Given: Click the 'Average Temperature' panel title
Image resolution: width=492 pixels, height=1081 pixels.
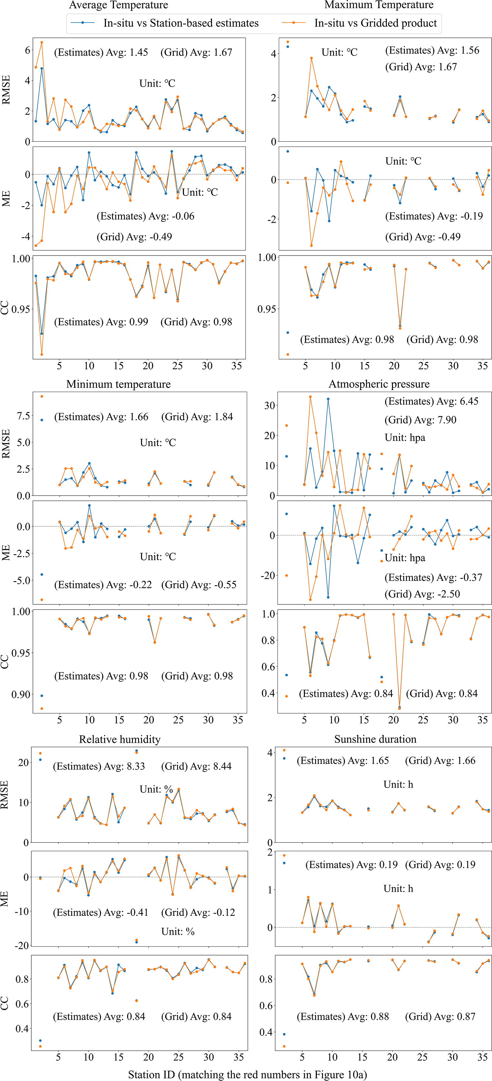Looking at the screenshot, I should coord(118,5).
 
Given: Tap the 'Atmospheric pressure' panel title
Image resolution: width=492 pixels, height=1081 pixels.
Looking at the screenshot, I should coord(379,384).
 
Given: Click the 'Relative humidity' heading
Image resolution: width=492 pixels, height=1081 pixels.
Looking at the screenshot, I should coord(120,739).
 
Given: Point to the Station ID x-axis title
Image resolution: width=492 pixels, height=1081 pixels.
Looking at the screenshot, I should coord(247,1074).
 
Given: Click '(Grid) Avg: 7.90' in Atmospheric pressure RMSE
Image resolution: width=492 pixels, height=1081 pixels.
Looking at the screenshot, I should coord(420,419).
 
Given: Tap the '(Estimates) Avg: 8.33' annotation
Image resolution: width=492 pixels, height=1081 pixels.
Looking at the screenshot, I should coord(99,766).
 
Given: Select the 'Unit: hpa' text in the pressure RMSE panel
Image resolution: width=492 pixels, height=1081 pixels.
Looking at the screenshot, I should coord(405,438).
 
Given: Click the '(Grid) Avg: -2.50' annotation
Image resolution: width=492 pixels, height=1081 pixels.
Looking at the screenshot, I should coord(422,594).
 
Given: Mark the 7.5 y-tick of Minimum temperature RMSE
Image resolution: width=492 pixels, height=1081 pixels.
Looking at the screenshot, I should coord(23,416).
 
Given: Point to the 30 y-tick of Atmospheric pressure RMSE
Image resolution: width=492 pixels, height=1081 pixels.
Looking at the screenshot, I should coord(269,405).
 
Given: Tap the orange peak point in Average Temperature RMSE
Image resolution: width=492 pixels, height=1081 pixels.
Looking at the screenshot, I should coord(42,42).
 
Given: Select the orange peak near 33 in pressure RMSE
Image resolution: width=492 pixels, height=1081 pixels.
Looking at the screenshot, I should coord(310,397).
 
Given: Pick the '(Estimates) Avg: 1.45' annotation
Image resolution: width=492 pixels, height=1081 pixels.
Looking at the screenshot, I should coord(101,53).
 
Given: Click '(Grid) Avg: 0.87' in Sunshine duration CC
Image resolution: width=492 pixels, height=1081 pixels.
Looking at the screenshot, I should coord(440,1016).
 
